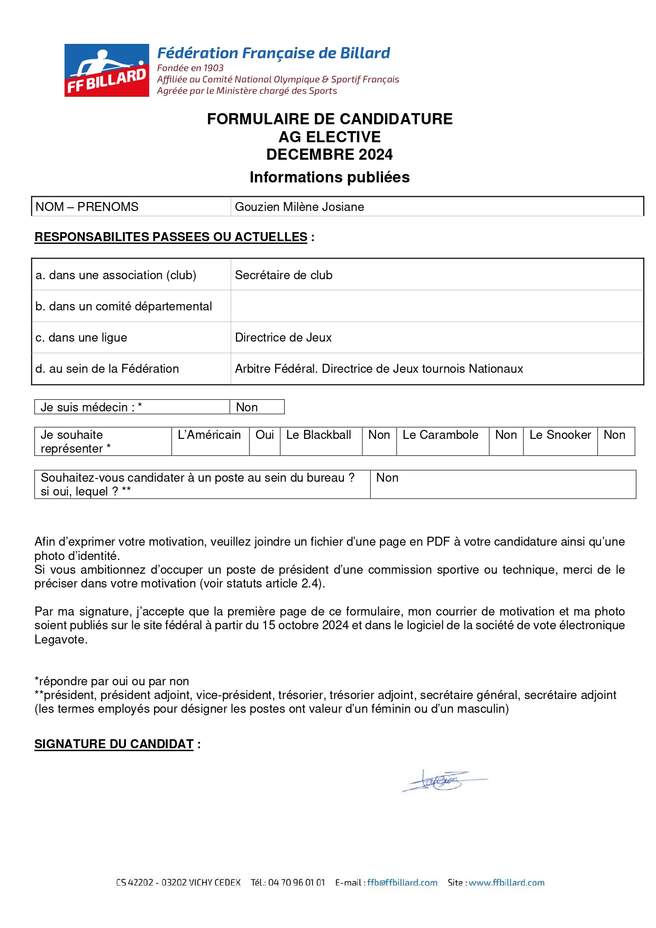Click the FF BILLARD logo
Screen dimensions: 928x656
[x=107, y=70]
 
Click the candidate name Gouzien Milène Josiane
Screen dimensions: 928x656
[x=299, y=207]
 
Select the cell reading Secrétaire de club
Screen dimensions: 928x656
[x=284, y=275]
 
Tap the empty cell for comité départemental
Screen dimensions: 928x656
[x=436, y=306]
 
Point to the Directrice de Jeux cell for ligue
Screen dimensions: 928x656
[x=283, y=337]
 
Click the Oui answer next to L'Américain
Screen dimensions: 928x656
[x=265, y=435]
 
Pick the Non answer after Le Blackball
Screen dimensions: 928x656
[x=379, y=435]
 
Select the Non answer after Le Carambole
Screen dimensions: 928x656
[x=506, y=435]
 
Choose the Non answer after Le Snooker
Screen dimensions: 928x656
[x=614, y=435]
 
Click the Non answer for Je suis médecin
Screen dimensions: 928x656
[x=247, y=407]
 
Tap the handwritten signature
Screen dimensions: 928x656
[x=442, y=780]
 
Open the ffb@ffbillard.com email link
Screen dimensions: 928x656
[x=402, y=883]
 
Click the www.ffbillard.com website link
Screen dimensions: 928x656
[x=506, y=883]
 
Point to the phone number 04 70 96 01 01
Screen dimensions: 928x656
[x=296, y=883]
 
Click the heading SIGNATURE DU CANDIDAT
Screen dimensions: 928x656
[x=114, y=744]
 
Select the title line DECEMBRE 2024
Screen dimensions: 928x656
[x=329, y=154]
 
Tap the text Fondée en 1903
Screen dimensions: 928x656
[x=190, y=68]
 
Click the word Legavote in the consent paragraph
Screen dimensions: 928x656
[x=60, y=639]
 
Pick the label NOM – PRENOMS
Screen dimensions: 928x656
[x=87, y=207]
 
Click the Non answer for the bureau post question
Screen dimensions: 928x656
[x=387, y=477]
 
